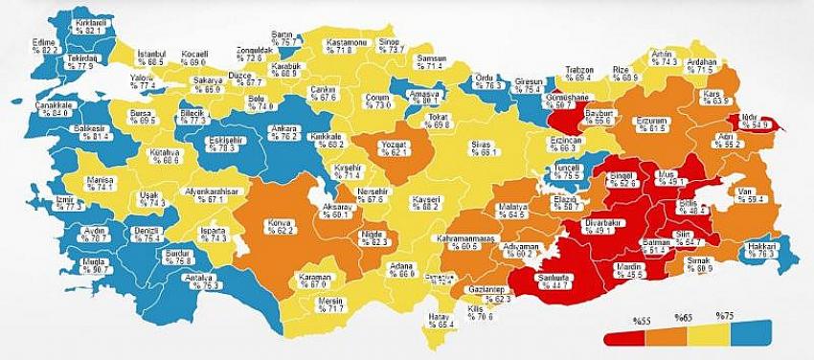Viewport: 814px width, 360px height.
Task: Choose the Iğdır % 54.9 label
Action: [x=749, y=122]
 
